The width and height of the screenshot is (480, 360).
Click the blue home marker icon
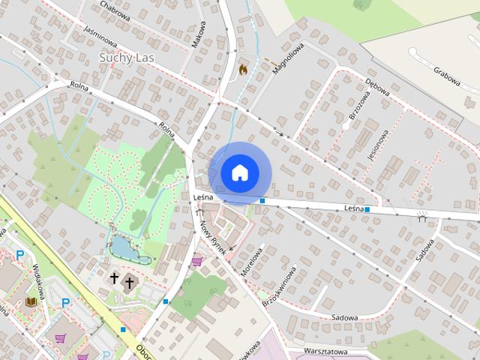pyautogui.click(x=238, y=173)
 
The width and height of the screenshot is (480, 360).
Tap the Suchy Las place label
pyautogui.click(x=130, y=56)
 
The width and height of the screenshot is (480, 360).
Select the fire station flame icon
pyautogui.click(x=242, y=68)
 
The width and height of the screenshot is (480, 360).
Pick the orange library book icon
pyautogui.click(x=31, y=301)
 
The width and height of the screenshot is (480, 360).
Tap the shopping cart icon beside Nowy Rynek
pyautogui.click(x=196, y=262)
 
